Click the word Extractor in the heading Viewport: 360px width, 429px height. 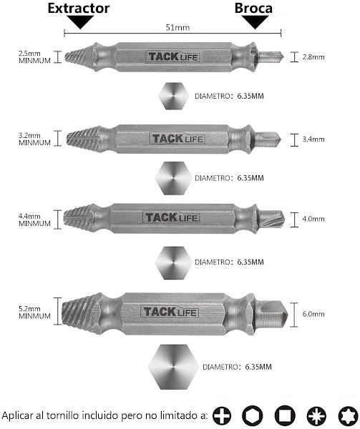[79, 8]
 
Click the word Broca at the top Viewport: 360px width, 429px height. [253, 8]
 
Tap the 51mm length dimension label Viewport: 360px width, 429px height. [177, 27]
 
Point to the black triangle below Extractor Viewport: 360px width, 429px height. [80, 22]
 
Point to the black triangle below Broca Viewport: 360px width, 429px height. [255, 22]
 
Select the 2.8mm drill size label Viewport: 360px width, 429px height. [313, 57]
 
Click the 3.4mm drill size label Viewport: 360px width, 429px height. [313, 139]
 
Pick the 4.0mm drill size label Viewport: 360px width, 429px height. [313, 219]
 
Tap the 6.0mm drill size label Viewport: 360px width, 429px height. [313, 314]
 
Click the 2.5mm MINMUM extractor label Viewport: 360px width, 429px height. [34, 57]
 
